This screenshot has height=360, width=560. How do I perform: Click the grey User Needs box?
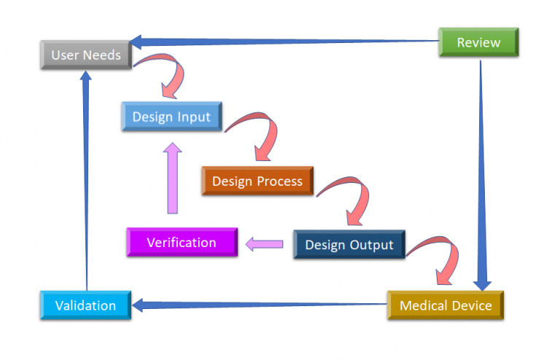click(x=86, y=55)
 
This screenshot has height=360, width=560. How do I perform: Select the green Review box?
click(x=478, y=42)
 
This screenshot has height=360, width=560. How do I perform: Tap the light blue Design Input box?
click(x=171, y=117)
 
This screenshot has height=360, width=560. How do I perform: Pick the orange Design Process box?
click(x=257, y=181)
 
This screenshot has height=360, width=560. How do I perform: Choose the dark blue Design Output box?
click(x=349, y=245)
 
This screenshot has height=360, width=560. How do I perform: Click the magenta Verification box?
click(x=182, y=243)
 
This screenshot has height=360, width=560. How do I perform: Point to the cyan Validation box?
click(x=85, y=305)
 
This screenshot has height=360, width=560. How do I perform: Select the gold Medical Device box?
click(x=446, y=305)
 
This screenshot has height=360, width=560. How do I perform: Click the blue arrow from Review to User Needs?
click(x=284, y=41)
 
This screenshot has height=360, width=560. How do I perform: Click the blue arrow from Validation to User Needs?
click(x=86, y=182)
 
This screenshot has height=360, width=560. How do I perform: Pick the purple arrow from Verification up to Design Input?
click(x=173, y=179)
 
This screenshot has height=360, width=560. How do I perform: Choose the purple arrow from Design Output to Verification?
click(x=264, y=244)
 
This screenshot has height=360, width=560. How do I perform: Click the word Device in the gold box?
click(x=472, y=305)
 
